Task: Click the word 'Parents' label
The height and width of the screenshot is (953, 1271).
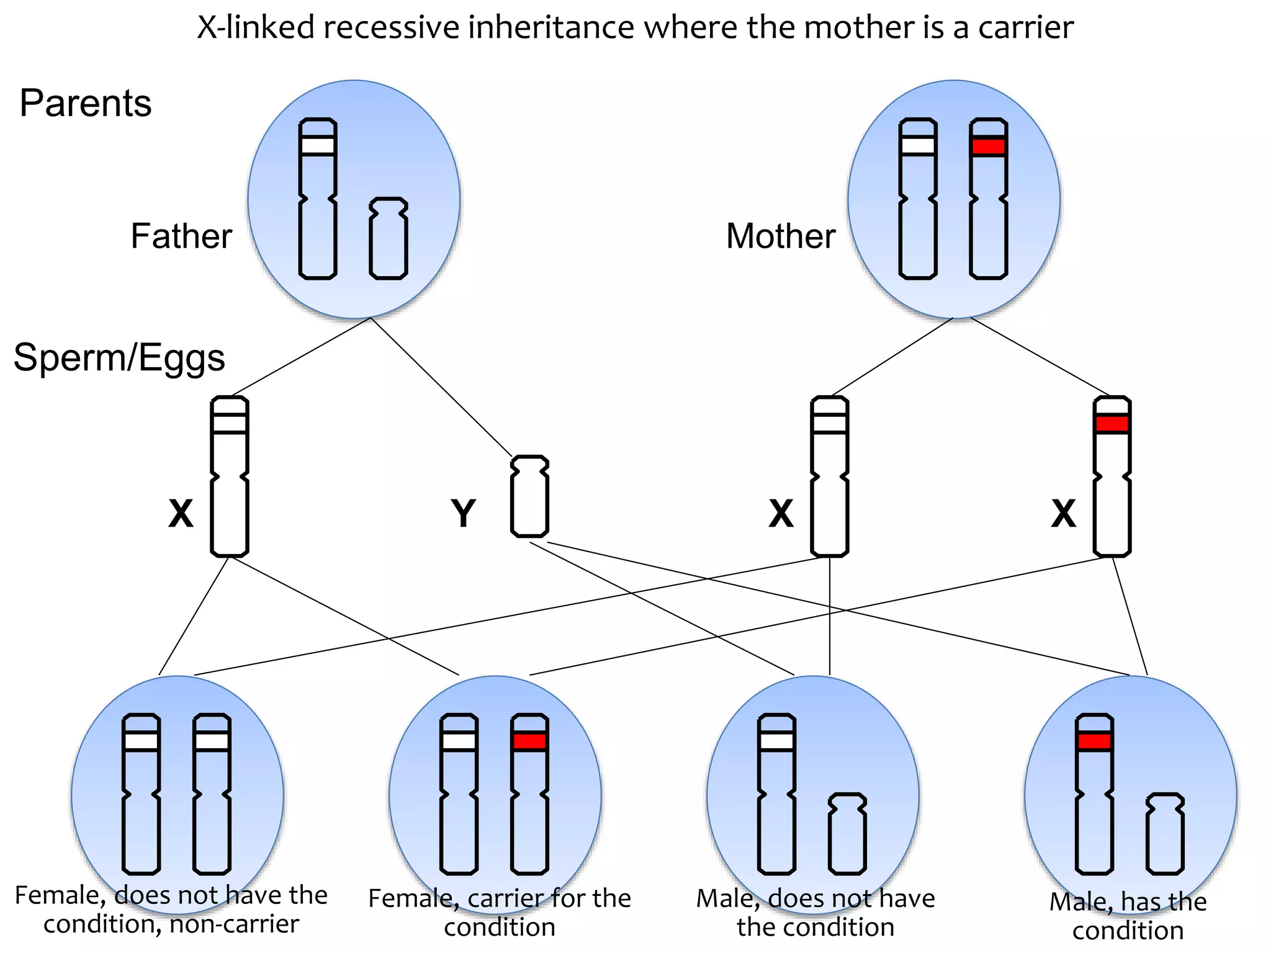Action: (86, 103)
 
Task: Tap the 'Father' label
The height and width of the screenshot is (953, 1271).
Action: (181, 236)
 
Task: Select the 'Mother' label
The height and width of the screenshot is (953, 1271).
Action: (781, 236)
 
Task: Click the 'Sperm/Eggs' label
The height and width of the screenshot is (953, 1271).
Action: (119, 358)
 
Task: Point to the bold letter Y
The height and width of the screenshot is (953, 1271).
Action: (463, 514)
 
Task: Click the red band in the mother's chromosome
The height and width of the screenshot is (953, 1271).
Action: (988, 146)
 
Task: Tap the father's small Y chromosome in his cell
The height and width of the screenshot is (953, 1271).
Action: (388, 238)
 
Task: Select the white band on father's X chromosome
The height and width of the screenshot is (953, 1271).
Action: (318, 146)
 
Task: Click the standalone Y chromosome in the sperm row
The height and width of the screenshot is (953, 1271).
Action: (529, 496)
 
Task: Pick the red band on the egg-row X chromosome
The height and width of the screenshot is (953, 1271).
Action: (1112, 424)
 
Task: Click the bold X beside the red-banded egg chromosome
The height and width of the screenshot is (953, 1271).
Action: (1064, 514)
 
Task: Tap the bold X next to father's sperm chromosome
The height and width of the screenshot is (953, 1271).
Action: (181, 514)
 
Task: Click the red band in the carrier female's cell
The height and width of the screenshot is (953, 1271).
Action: (529, 741)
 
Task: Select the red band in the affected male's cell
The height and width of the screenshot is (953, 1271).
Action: (1094, 741)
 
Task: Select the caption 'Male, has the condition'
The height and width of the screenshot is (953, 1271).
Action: (1128, 916)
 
